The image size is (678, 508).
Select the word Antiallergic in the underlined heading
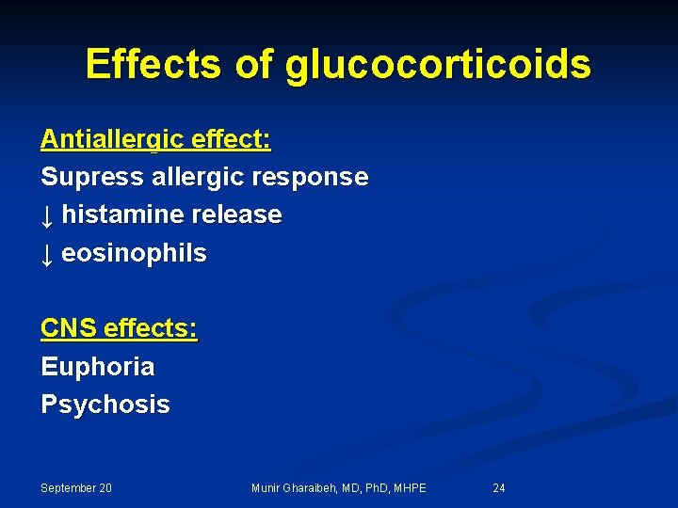113,140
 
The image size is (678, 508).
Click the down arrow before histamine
47,215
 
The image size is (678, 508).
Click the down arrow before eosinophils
47,254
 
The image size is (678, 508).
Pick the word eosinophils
134,254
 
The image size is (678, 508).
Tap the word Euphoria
97,367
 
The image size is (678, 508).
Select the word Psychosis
105,405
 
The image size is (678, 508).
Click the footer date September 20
76,488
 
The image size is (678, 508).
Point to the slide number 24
499,488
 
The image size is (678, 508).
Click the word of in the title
251,64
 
